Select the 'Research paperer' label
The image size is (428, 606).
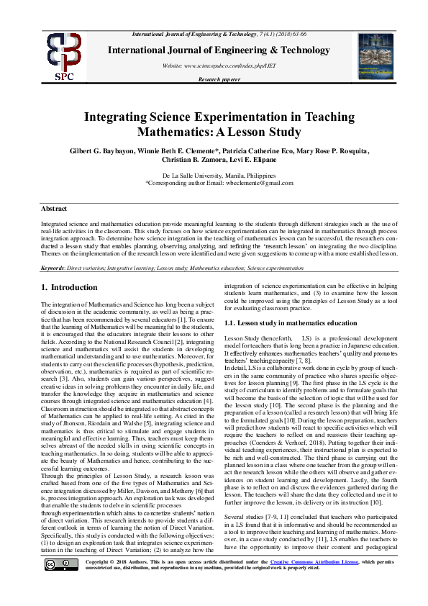[x=219, y=79]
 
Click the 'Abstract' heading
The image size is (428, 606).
[x=55, y=208]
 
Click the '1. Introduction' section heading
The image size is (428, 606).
[x=69, y=288]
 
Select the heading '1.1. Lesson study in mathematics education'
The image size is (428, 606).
[x=286, y=324]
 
